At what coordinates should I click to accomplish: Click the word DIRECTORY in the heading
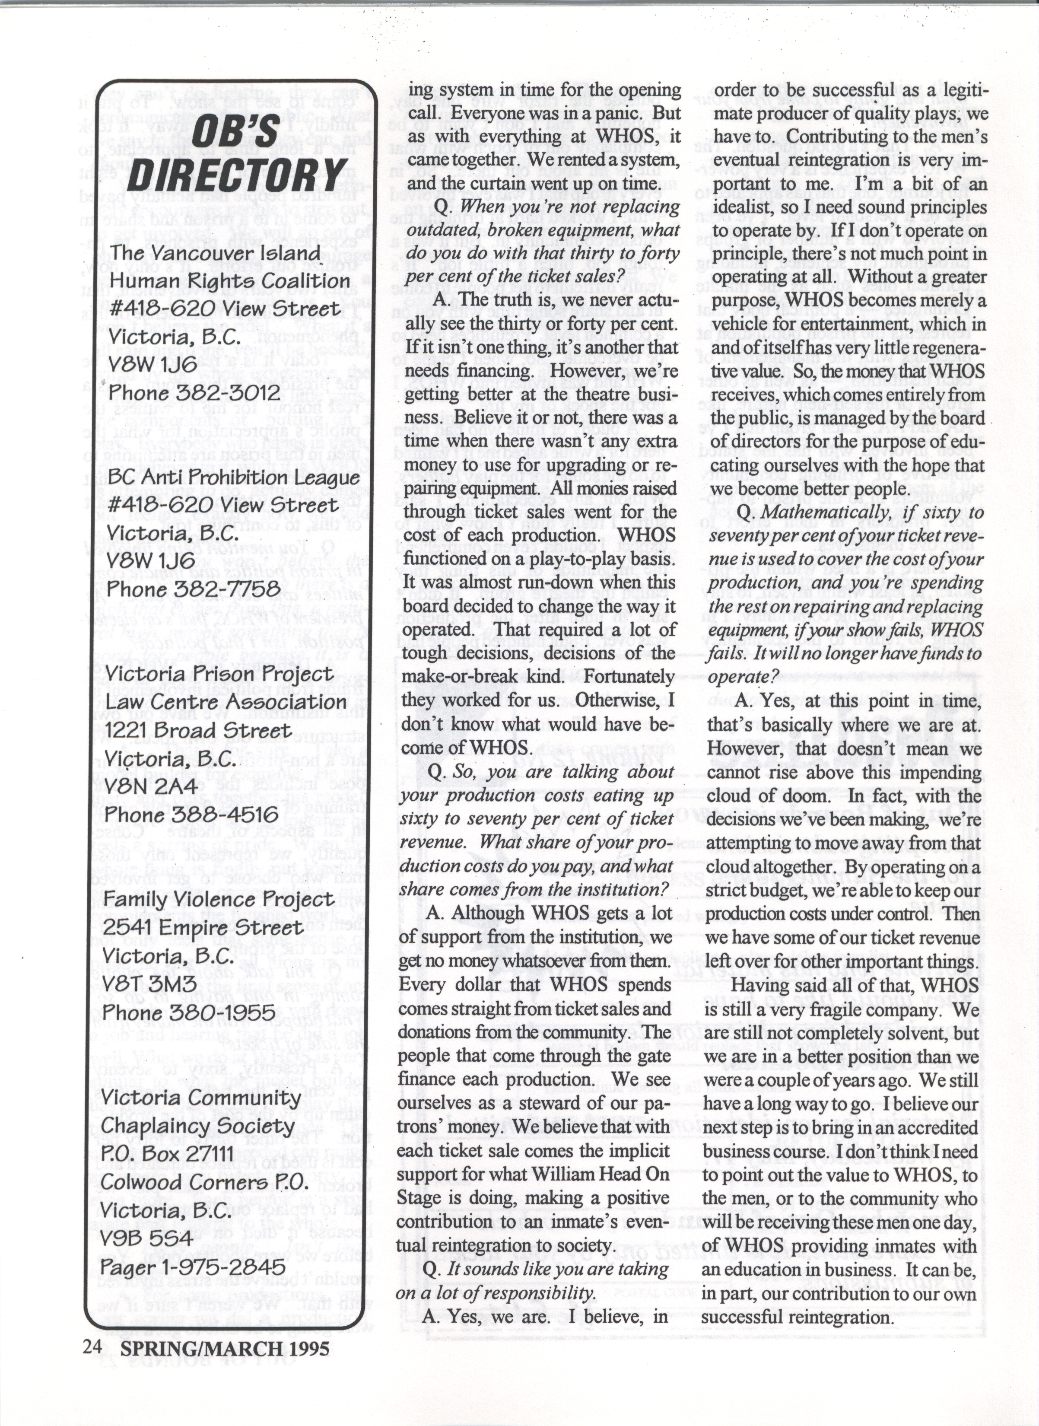click(236, 172)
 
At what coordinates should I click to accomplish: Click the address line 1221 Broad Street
click(198, 730)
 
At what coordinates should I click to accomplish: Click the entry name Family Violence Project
click(218, 900)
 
